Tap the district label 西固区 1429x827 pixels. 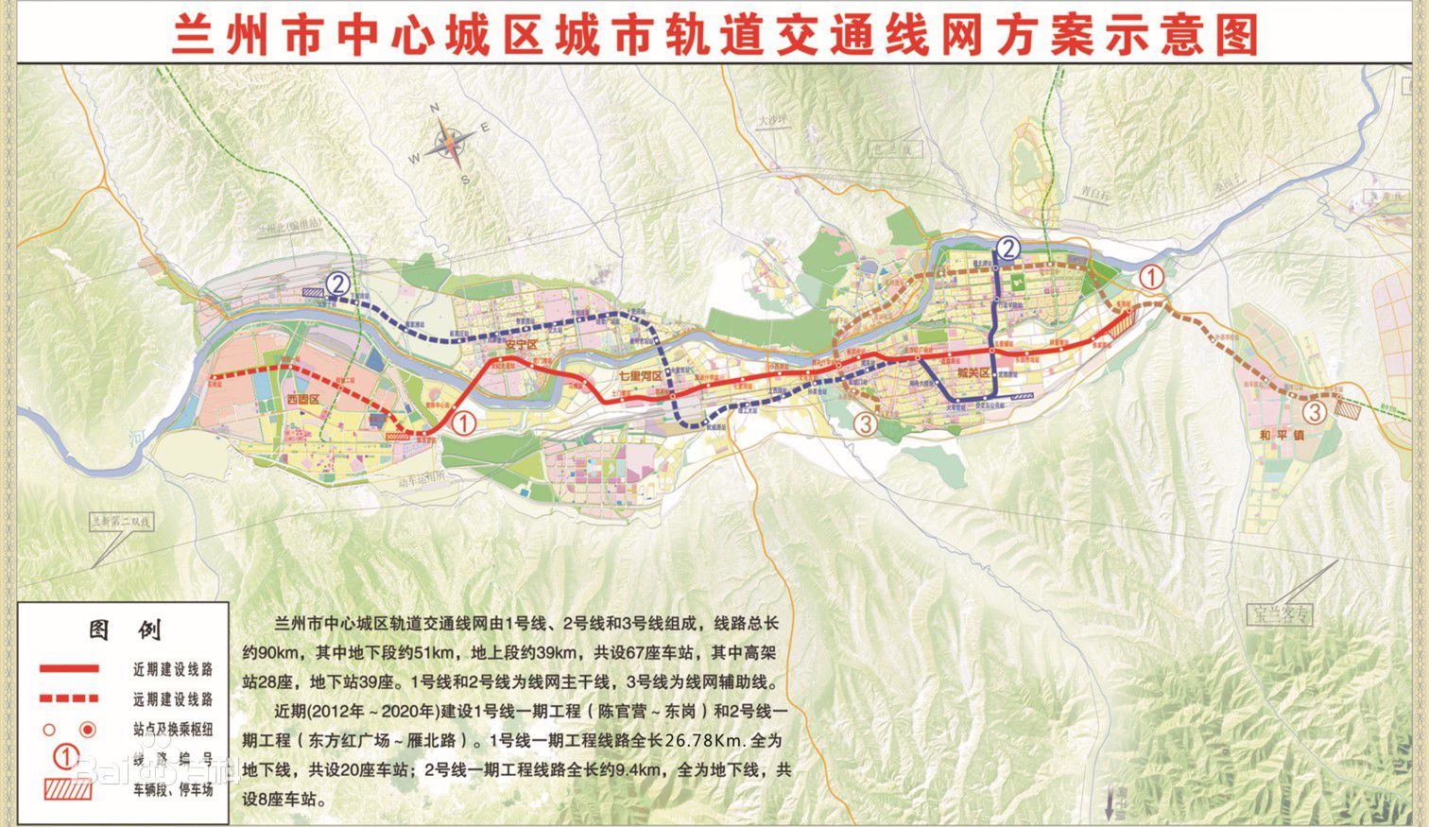305,399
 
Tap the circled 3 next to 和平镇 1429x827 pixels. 1314,411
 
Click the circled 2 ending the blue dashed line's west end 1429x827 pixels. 337,283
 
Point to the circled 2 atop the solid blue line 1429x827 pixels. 1008,249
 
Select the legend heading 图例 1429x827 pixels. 125,629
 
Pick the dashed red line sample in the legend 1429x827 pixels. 69,699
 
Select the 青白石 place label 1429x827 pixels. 1093,192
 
